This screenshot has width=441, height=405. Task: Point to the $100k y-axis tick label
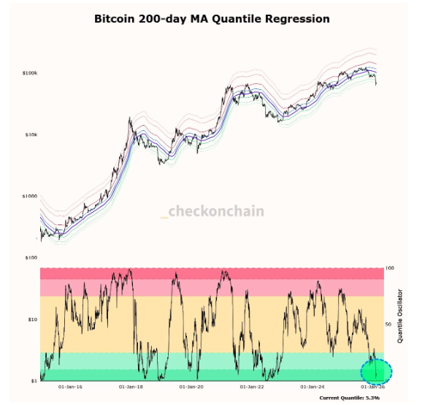point(30,73)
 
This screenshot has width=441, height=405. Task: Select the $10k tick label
point(31,135)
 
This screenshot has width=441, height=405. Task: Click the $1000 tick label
point(30,196)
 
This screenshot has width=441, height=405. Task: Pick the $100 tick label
point(31,258)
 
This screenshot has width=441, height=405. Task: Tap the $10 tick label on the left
point(32,319)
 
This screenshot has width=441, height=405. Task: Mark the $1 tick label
point(34,381)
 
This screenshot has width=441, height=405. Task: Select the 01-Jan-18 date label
point(131,385)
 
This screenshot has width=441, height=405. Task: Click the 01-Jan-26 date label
point(374,385)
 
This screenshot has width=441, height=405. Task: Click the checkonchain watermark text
point(215,212)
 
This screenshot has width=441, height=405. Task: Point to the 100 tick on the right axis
point(389,269)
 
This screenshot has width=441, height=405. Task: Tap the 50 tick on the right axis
point(388,324)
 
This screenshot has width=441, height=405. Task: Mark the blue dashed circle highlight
point(377,371)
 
